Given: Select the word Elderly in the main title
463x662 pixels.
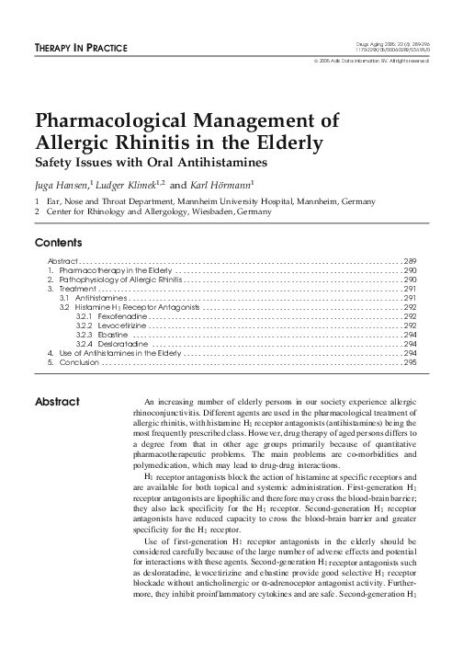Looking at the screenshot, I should point(277,143).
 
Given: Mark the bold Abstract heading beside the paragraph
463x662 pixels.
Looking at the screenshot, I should point(58,402).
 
